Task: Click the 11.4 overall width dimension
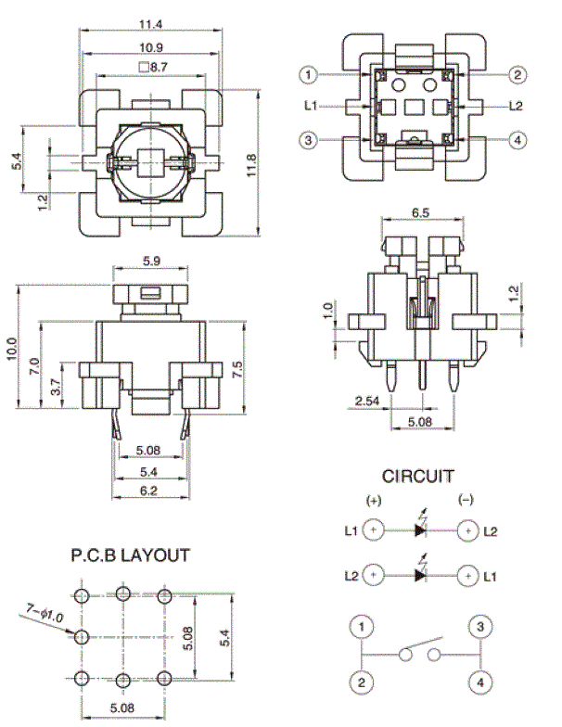point(150,24)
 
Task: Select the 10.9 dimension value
point(151,47)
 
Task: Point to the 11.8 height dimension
point(250,165)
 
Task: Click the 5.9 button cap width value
point(151,261)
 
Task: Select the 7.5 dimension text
point(236,369)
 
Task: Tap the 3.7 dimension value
point(55,387)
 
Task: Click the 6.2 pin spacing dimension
point(148,491)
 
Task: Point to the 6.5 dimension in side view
point(421,213)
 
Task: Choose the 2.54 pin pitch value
point(367,401)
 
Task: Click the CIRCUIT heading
point(417,477)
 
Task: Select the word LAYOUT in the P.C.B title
point(156,555)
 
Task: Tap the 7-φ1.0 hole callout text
point(45,614)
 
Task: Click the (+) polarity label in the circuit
point(374,501)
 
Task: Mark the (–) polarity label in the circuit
point(466,500)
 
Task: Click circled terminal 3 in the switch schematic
point(480,627)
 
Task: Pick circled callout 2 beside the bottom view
point(517,74)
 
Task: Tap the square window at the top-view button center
point(150,163)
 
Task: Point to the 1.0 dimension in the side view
point(327,310)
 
